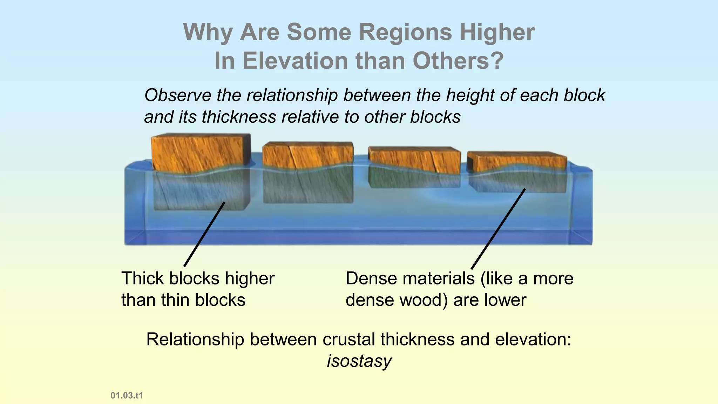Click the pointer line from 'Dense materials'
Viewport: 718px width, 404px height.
(498, 229)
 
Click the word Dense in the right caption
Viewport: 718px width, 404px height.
(370, 279)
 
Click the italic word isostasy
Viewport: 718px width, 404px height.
(359, 361)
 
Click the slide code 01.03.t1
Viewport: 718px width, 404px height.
(127, 396)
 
